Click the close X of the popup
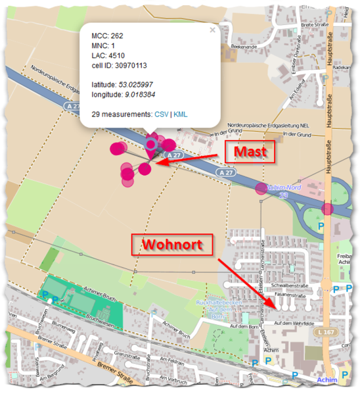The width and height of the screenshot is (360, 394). coord(212,30)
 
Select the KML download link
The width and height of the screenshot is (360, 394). coord(180,114)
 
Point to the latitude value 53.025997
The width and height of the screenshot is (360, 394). coord(135,85)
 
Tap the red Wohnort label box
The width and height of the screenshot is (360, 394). coord(172,245)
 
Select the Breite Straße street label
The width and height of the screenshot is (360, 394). coord(315,25)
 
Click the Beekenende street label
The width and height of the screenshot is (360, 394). coord(242,47)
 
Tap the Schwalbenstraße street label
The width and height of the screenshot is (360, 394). coord(302,286)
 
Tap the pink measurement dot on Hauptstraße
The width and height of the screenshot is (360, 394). coord(327,209)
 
